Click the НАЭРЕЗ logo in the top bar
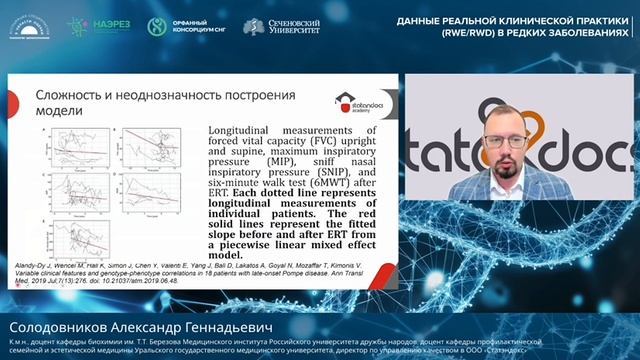97,27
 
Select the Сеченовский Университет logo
281,27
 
